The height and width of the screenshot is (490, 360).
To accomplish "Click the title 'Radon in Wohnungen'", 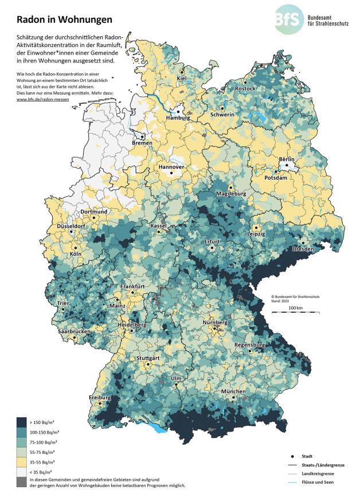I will pos(60,20).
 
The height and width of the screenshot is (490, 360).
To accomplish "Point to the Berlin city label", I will pos(286,159).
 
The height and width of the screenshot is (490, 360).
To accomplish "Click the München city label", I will pos(233,392).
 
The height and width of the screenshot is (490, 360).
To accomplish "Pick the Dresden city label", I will pos(303,250).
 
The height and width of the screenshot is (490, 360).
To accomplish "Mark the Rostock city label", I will pos(245,89).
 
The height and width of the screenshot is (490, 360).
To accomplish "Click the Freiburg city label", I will pos(99,398).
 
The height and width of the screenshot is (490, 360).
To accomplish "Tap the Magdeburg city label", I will pos(230,195).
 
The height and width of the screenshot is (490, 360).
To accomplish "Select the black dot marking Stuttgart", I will pos(148,364).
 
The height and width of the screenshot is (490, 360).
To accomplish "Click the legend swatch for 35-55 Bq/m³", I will pos(21,460).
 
